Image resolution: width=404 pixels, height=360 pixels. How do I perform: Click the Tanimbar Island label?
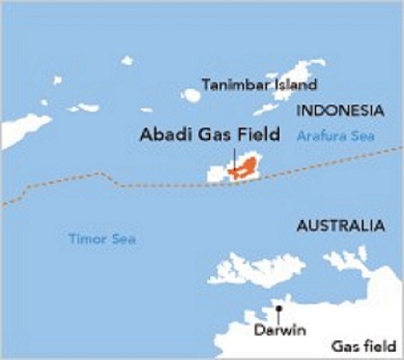click(x=259, y=85)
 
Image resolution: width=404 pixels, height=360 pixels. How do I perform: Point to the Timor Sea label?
click(x=97, y=239)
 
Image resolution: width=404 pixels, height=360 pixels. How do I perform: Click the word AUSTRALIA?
click(x=340, y=225)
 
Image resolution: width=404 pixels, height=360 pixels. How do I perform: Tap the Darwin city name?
click(x=279, y=330)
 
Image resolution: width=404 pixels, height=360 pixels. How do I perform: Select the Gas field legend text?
click(x=364, y=346)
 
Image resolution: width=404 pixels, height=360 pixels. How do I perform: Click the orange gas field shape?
click(x=243, y=168)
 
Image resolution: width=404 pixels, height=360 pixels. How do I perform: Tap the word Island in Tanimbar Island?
click(x=295, y=85)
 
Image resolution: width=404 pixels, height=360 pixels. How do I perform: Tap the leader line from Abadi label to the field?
click(x=233, y=156)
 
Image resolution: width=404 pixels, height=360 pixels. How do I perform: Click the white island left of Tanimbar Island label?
click(x=190, y=95)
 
